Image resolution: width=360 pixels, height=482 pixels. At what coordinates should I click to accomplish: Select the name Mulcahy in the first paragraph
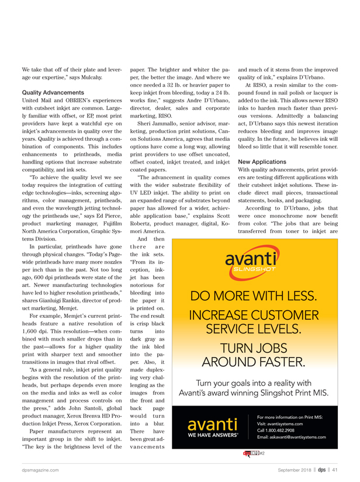(91, 77)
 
